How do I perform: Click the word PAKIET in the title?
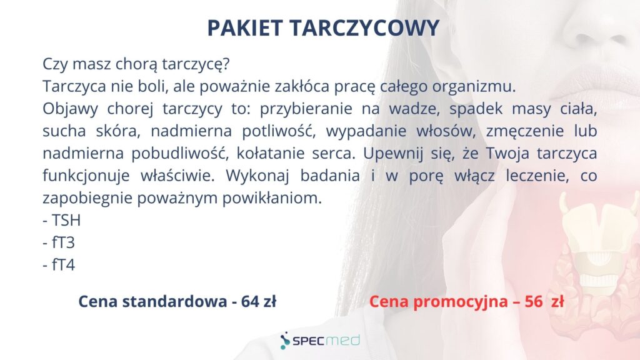click(245, 27)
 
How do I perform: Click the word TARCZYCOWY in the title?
click(364, 27)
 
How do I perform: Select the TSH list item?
click(62, 221)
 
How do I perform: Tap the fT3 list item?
click(59, 242)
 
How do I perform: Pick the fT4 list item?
click(59, 265)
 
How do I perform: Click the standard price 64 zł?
click(258, 302)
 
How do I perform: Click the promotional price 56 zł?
click(544, 302)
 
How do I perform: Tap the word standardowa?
click(175, 302)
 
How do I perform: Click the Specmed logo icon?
click(285, 341)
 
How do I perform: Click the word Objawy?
click(70, 109)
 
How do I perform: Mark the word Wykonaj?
click(257, 176)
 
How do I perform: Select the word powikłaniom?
click(272, 198)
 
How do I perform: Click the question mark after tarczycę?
click(226, 64)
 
